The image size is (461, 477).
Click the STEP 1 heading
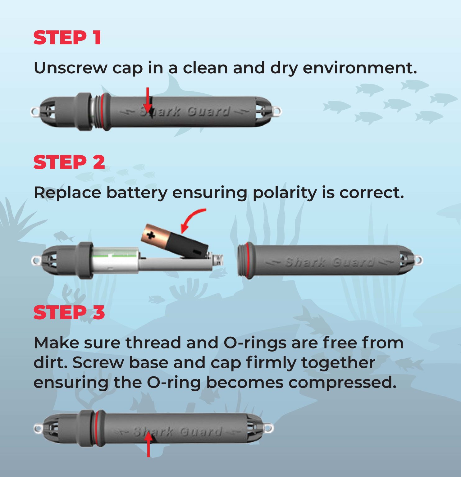tap(67, 38)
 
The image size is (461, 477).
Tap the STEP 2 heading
tap(69, 162)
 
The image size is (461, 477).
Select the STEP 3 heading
tap(69, 312)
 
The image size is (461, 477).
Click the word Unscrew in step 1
tap(70, 68)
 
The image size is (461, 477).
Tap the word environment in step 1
tap(360, 68)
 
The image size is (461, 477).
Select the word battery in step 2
tap(137, 193)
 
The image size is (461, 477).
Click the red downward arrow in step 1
tap(148, 100)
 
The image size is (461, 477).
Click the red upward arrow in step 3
tap(148, 444)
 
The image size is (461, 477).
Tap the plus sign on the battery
tap(151, 235)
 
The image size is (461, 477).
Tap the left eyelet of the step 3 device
tap(38, 429)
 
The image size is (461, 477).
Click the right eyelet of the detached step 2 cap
tap(418, 260)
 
